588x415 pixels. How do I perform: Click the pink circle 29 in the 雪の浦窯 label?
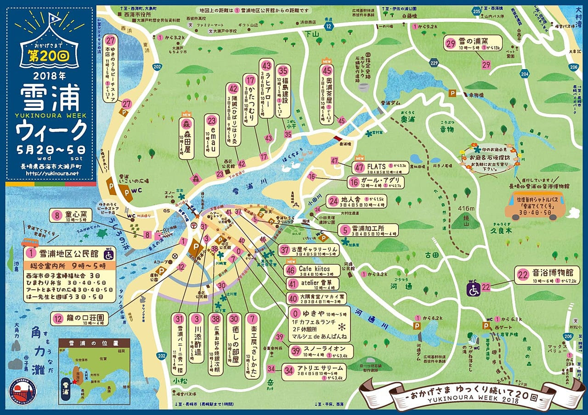coord(451,44)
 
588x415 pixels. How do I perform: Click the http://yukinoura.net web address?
coord(52,173)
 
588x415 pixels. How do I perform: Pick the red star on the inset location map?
coord(74,381)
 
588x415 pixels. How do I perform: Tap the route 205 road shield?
coord(477,10)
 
